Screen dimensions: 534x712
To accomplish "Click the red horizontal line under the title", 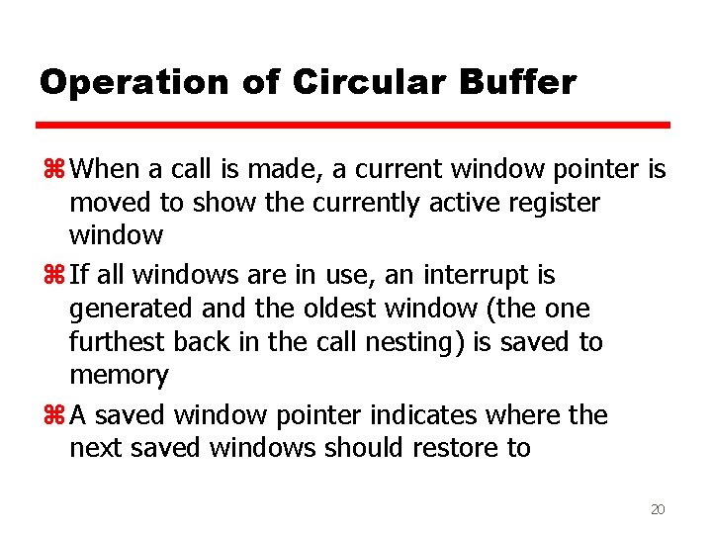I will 353,126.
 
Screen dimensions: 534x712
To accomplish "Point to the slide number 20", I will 658,509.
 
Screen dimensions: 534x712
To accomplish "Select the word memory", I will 119,376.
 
